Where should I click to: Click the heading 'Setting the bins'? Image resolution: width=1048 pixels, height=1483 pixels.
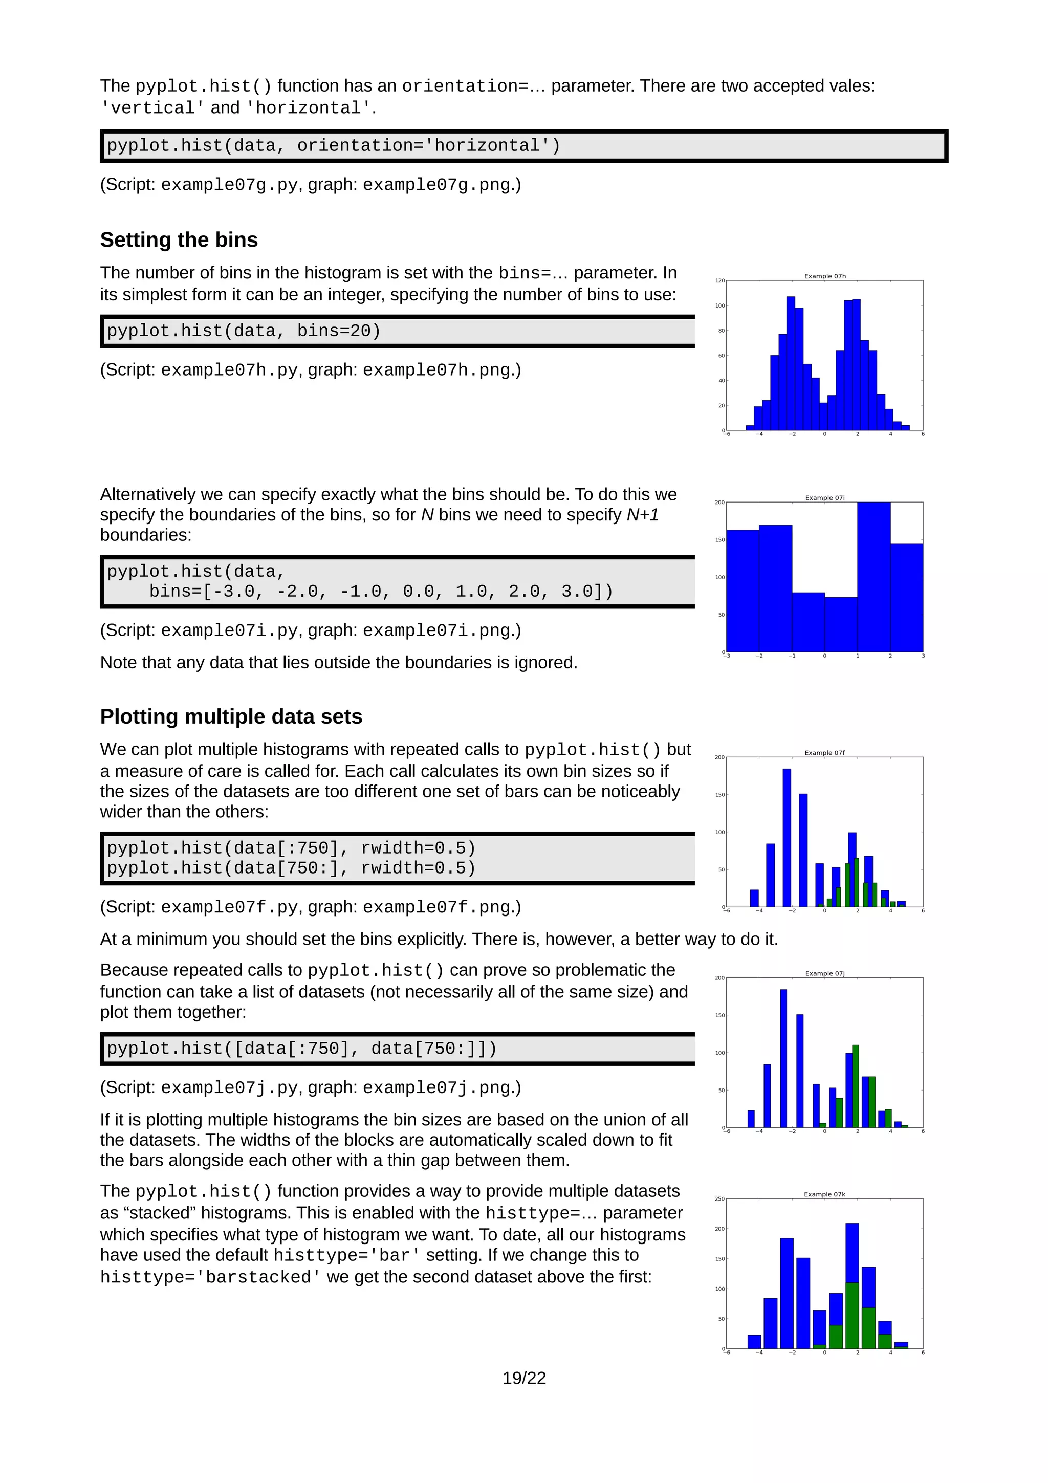(179, 239)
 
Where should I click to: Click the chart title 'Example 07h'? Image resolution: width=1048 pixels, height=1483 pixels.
(824, 276)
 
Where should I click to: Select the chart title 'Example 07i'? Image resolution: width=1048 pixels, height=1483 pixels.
(824, 497)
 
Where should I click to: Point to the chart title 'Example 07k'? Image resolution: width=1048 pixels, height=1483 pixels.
(824, 1194)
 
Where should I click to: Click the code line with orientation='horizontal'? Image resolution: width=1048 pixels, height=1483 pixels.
(333, 145)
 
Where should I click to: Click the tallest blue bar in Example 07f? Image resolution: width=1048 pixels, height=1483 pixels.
(787, 838)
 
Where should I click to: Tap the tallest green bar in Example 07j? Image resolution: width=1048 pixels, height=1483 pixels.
(856, 1086)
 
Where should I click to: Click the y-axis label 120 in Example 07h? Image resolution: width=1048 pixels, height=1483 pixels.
(719, 281)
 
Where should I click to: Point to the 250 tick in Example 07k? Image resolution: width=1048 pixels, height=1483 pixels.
(719, 1199)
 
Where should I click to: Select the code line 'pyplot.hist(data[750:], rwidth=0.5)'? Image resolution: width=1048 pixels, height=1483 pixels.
(291, 868)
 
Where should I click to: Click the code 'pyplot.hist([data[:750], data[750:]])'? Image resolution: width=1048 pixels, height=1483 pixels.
(301, 1049)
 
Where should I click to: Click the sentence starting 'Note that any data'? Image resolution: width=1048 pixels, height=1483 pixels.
(338, 662)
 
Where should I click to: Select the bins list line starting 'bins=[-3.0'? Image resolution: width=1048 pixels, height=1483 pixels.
(380, 591)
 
